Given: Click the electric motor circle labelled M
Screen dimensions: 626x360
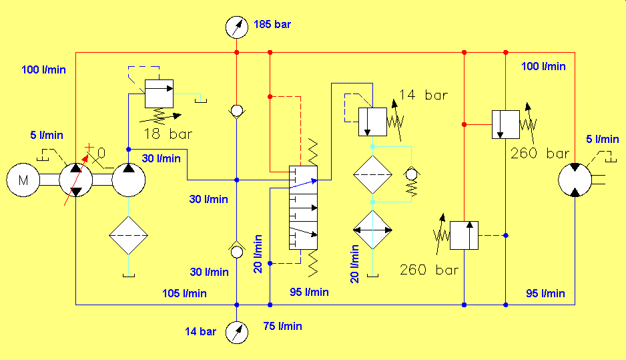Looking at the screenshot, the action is coord(23,180).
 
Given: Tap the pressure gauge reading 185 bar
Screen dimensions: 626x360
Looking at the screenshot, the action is coord(237,27).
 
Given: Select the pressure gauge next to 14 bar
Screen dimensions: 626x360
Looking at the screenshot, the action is coord(237,333).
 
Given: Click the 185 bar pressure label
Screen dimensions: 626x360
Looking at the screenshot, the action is coord(272,24).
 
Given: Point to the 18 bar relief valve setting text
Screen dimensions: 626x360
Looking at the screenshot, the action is coord(168,134).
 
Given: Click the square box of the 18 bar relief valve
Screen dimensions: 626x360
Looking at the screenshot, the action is coord(159,94).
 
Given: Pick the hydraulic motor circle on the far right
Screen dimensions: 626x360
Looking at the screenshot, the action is coord(575,180).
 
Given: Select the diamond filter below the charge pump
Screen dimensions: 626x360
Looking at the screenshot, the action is coord(129,235).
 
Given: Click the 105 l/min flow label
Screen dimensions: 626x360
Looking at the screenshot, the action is coord(184,293).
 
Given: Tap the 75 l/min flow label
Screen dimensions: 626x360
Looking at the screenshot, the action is coord(283,326).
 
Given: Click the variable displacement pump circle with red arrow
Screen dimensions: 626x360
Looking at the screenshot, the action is coord(76,180).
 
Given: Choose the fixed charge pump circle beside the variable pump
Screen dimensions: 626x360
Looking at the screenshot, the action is coord(129,180).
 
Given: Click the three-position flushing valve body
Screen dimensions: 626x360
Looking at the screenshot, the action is coord(303,208).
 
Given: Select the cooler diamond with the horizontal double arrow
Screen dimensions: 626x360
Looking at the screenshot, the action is coord(372,230).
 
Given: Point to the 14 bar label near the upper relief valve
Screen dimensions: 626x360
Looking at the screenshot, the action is coord(424,95).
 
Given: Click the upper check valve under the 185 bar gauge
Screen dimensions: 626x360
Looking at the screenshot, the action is coord(237,111).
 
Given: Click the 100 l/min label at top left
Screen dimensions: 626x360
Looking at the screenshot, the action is coord(43,69).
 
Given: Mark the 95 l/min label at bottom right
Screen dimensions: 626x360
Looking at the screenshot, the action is coord(545,293).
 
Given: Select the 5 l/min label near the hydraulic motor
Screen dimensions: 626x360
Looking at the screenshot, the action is coord(603,139).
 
